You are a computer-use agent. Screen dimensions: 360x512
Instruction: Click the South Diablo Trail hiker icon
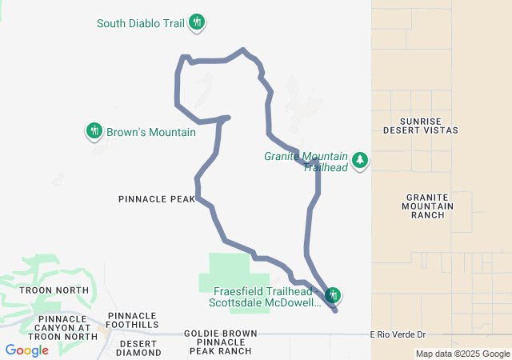pos(198,23)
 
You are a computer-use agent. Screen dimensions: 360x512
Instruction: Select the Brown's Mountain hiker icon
pos(94,131)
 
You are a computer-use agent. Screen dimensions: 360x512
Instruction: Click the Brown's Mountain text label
pos(151,132)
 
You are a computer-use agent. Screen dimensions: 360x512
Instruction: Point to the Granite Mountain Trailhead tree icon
pos(360,161)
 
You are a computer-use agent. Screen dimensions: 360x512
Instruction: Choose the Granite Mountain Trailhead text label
pos(306,162)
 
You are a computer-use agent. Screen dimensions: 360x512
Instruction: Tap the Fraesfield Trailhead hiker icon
pos(334,296)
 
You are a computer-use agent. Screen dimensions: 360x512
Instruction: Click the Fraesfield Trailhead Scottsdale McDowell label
pos(265,297)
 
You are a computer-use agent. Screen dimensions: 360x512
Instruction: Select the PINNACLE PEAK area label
pos(156,198)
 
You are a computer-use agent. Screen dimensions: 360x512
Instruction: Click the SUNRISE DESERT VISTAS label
pos(420,124)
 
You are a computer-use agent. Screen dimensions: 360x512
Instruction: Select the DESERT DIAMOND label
pos(138,347)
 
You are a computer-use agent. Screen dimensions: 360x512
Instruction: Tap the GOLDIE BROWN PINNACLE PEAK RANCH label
pos(220,342)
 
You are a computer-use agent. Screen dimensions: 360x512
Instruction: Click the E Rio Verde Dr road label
pos(401,334)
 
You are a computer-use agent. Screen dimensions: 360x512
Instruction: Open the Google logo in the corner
pos(26,350)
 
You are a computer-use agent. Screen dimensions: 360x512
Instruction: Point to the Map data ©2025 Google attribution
pos(462,354)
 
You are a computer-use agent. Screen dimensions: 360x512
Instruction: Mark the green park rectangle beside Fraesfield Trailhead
pos(229,268)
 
